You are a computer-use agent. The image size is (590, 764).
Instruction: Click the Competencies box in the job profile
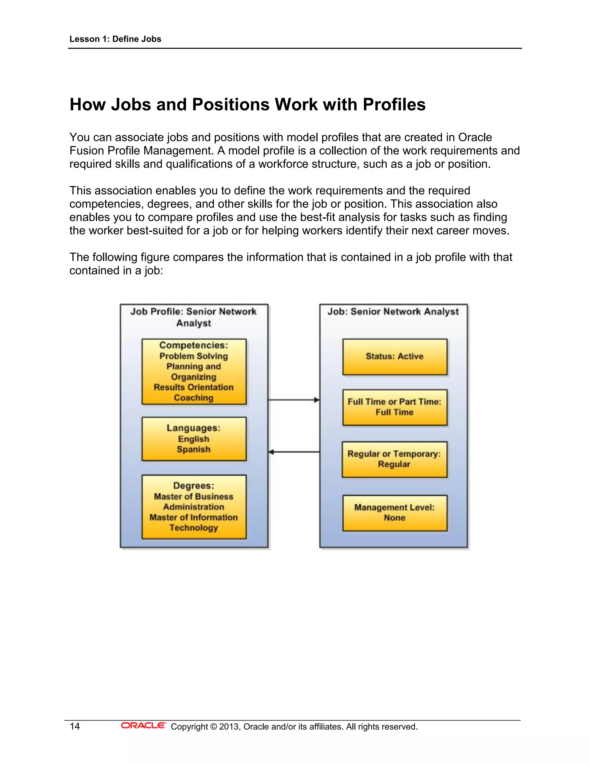(x=194, y=372)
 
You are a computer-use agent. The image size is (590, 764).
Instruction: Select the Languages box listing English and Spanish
(x=194, y=439)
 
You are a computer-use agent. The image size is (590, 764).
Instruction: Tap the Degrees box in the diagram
(x=194, y=507)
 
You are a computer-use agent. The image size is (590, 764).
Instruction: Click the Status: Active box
(x=395, y=356)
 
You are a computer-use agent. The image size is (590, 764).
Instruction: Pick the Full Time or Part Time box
(x=395, y=407)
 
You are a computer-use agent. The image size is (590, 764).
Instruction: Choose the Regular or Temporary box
(x=394, y=459)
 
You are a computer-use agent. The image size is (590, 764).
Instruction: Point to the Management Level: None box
(x=395, y=513)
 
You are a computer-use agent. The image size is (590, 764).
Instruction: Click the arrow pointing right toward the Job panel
(x=294, y=400)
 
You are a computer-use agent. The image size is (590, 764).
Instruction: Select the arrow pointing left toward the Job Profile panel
(x=294, y=452)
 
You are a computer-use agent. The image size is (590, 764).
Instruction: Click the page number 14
(x=75, y=727)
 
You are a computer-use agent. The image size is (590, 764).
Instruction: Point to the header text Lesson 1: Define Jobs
(x=115, y=39)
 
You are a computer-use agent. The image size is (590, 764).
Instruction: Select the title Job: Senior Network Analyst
(x=393, y=311)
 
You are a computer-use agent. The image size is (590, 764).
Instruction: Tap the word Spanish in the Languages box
(x=194, y=449)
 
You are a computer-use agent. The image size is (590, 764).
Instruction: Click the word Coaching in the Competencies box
(x=194, y=398)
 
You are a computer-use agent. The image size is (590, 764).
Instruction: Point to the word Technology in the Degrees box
(x=194, y=528)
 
